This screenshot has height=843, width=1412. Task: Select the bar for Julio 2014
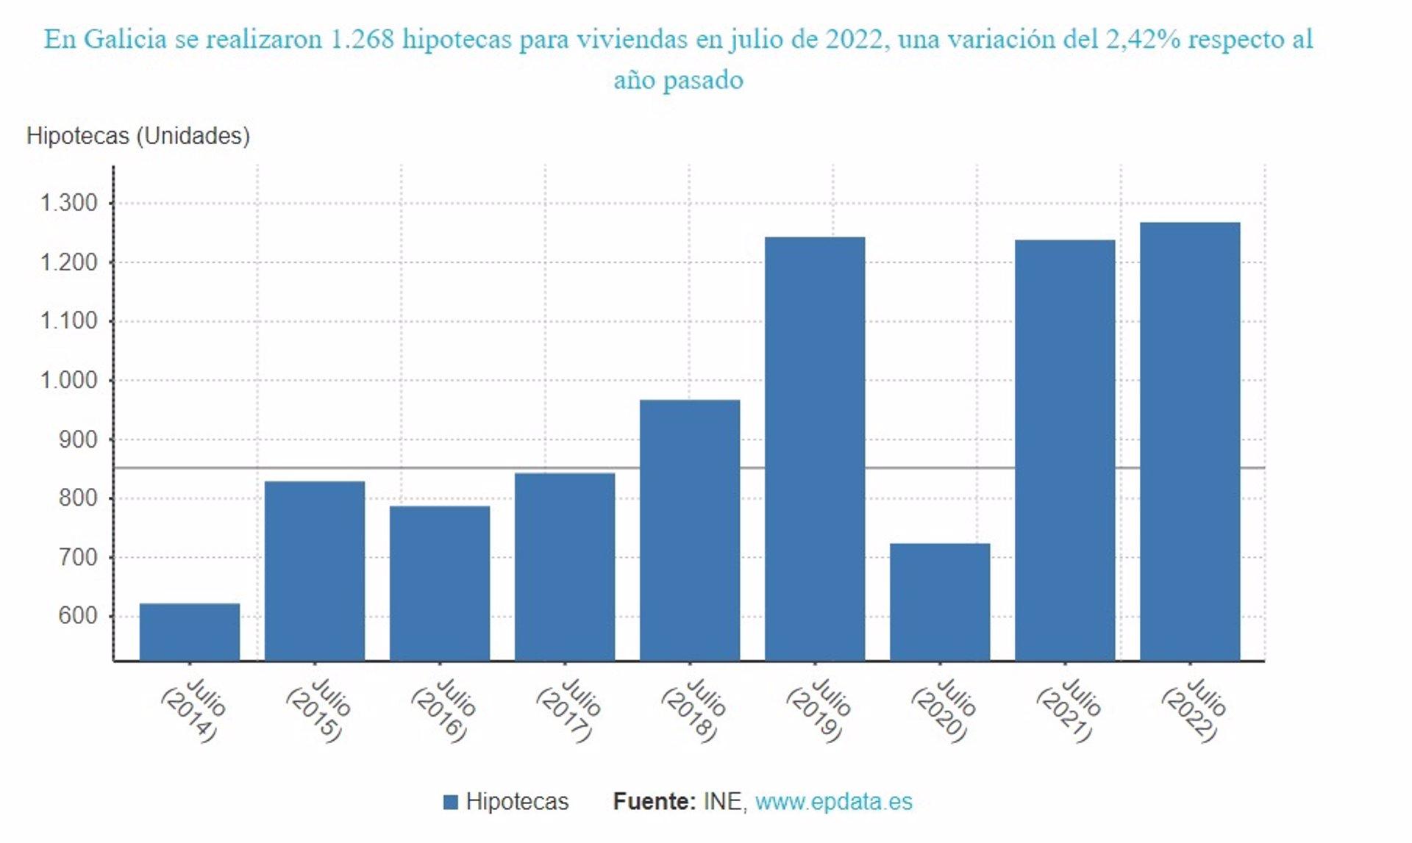[x=190, y=632]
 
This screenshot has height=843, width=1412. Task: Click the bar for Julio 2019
[x=815, y=448]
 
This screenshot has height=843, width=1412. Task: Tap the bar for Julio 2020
[x=940, y=602]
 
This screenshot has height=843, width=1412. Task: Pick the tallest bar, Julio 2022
[x=1190, y=441]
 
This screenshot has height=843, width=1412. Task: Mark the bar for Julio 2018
[x=690, y=530]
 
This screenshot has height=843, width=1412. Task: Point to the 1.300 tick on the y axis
[x=68, y=203]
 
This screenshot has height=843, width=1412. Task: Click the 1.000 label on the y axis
[x=68, y=380]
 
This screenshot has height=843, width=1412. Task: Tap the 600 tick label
[x=77, y=616]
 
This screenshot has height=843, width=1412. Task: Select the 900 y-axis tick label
[x=77, y=440]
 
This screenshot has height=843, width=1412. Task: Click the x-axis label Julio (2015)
[x=318, y=710]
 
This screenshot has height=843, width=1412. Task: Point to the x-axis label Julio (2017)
[x=568, y=710]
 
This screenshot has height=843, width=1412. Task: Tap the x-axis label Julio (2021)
[x=1069, y=710]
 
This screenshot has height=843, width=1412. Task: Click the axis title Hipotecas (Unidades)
[x=138, y=136]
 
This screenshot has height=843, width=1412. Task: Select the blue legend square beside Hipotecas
[x=451, y=802]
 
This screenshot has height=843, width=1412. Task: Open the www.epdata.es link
[x=833, y=801]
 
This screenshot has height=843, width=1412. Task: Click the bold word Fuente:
[x=654, y=801]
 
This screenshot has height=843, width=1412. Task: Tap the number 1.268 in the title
[x=362, y=39]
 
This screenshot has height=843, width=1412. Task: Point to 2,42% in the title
[x=1143, y=39]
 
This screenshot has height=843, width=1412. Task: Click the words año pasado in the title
[x=678, y=79]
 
